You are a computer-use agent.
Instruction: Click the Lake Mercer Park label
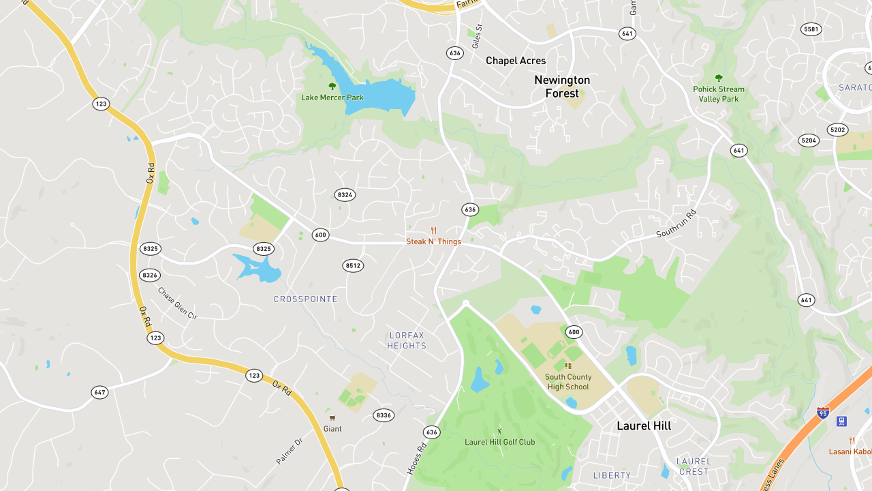pos(332,98)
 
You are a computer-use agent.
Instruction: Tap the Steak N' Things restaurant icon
pos(433,230)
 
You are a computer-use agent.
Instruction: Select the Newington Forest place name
pos(562,87)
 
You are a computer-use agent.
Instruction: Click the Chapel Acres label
pos(516,61)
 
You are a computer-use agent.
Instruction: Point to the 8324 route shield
pos(345,195)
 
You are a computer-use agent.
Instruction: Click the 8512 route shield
pos(353,265)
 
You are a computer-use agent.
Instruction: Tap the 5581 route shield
pos(811,29)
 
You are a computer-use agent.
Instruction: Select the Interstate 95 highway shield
pos(823,413)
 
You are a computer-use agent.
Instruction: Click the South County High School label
pos(568,382)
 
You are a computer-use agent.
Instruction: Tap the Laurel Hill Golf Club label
pos(499,442)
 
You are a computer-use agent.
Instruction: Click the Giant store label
pos(332,429)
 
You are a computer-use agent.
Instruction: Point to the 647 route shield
pos(100,392)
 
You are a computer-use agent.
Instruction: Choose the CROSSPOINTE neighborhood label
pos(305,299)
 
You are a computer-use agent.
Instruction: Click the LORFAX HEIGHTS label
pos(407,340)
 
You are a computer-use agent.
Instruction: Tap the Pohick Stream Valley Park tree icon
pos(718,78)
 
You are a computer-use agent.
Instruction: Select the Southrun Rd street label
pos(676,224)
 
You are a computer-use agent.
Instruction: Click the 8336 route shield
pos(384,415)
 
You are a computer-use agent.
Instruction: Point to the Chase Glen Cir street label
pos(177,303)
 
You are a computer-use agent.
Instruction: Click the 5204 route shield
pos(809,140)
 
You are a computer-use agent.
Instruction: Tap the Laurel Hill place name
pos(644,426)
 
